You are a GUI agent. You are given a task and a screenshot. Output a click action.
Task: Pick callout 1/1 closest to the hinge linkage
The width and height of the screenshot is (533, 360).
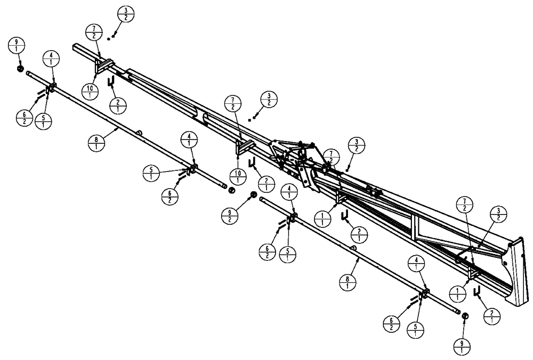pyautogui.click(x=324, y=218)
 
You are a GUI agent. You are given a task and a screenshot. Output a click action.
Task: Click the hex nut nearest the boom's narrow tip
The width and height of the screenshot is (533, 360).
pyautogui.click(x=20, y=69)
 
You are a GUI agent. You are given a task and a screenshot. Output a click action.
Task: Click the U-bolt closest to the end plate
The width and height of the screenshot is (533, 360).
pyautogui.click(x=478, y=290)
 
